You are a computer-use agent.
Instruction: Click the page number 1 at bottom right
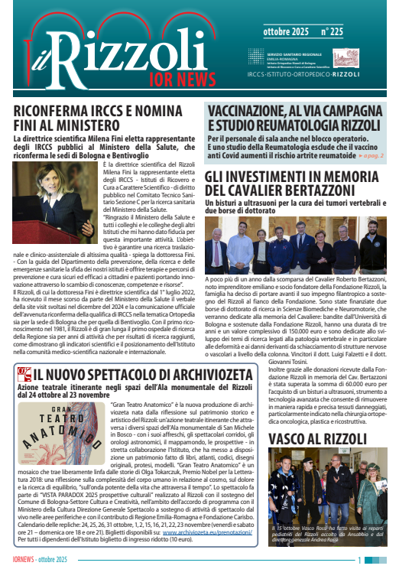(382, 560)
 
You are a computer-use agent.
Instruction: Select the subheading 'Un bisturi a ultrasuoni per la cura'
(290, 203)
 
